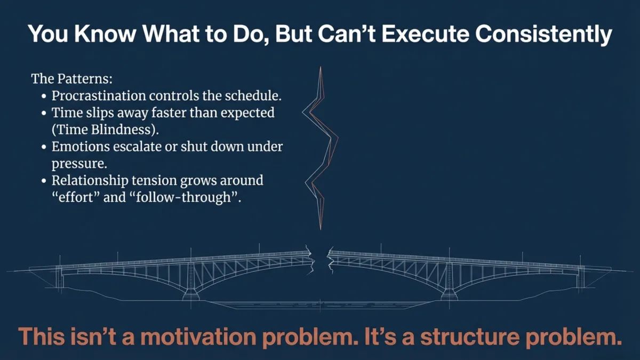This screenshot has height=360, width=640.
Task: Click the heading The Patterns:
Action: click(71, 79)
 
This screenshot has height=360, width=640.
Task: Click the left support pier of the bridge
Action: click(191, 285)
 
